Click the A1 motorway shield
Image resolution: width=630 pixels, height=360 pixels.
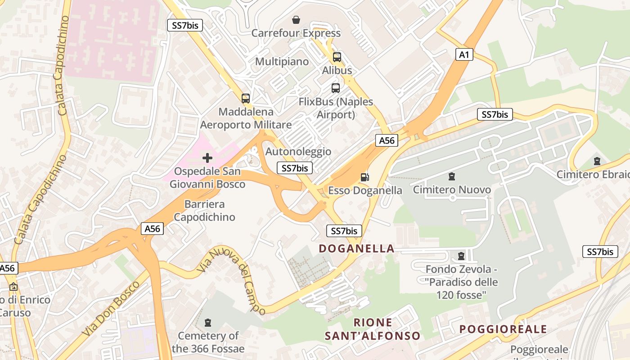[464, 55]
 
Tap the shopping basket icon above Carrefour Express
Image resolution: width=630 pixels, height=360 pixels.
[296, 20]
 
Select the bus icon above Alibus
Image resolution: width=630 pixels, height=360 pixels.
[337, 57]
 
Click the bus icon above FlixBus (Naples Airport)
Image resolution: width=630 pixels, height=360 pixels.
[336, 88]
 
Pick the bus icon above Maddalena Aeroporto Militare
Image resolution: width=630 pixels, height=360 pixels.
[246, 98]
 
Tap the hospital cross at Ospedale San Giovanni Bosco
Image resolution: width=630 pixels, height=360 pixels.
[207, 158]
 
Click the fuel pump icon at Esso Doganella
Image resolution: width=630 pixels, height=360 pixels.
[365, 177]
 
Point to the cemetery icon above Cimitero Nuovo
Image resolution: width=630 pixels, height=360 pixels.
[452, 176]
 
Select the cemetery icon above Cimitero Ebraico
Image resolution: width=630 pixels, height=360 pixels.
[597, 161]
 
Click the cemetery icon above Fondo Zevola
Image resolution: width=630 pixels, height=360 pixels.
[461, 256]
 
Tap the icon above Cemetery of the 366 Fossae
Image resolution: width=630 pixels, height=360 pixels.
[208, 322]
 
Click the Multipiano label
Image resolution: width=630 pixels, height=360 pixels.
[282, 61]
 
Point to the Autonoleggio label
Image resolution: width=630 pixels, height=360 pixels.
[298, 152]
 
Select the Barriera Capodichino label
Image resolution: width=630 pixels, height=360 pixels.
[205, 211]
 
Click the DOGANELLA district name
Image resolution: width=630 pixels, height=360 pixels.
[356, 248]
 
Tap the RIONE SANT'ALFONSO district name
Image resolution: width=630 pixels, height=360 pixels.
[373, 329]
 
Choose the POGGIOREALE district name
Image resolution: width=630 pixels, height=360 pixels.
[503, 329]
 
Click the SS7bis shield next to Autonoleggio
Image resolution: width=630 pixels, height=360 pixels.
[294, 168]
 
